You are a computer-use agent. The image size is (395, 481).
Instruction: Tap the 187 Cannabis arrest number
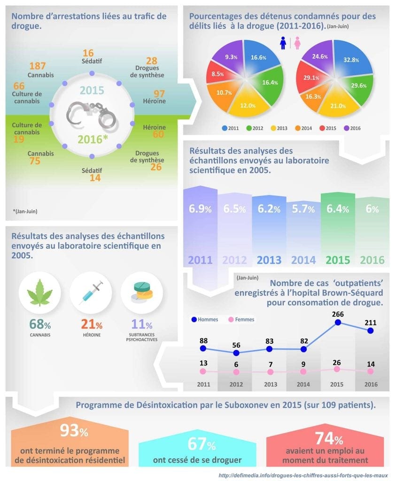click(38, 66)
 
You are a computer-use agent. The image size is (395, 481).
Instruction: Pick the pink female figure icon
click(297, 44)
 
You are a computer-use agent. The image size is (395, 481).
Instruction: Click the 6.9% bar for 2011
click(200, 209)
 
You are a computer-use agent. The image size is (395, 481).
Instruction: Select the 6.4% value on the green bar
click(338, 209)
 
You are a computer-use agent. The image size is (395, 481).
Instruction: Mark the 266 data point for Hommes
click(337, 323)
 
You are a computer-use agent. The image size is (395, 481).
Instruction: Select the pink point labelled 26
click(337, 369)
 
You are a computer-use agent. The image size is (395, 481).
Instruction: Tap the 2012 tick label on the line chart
click(237, 384)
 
